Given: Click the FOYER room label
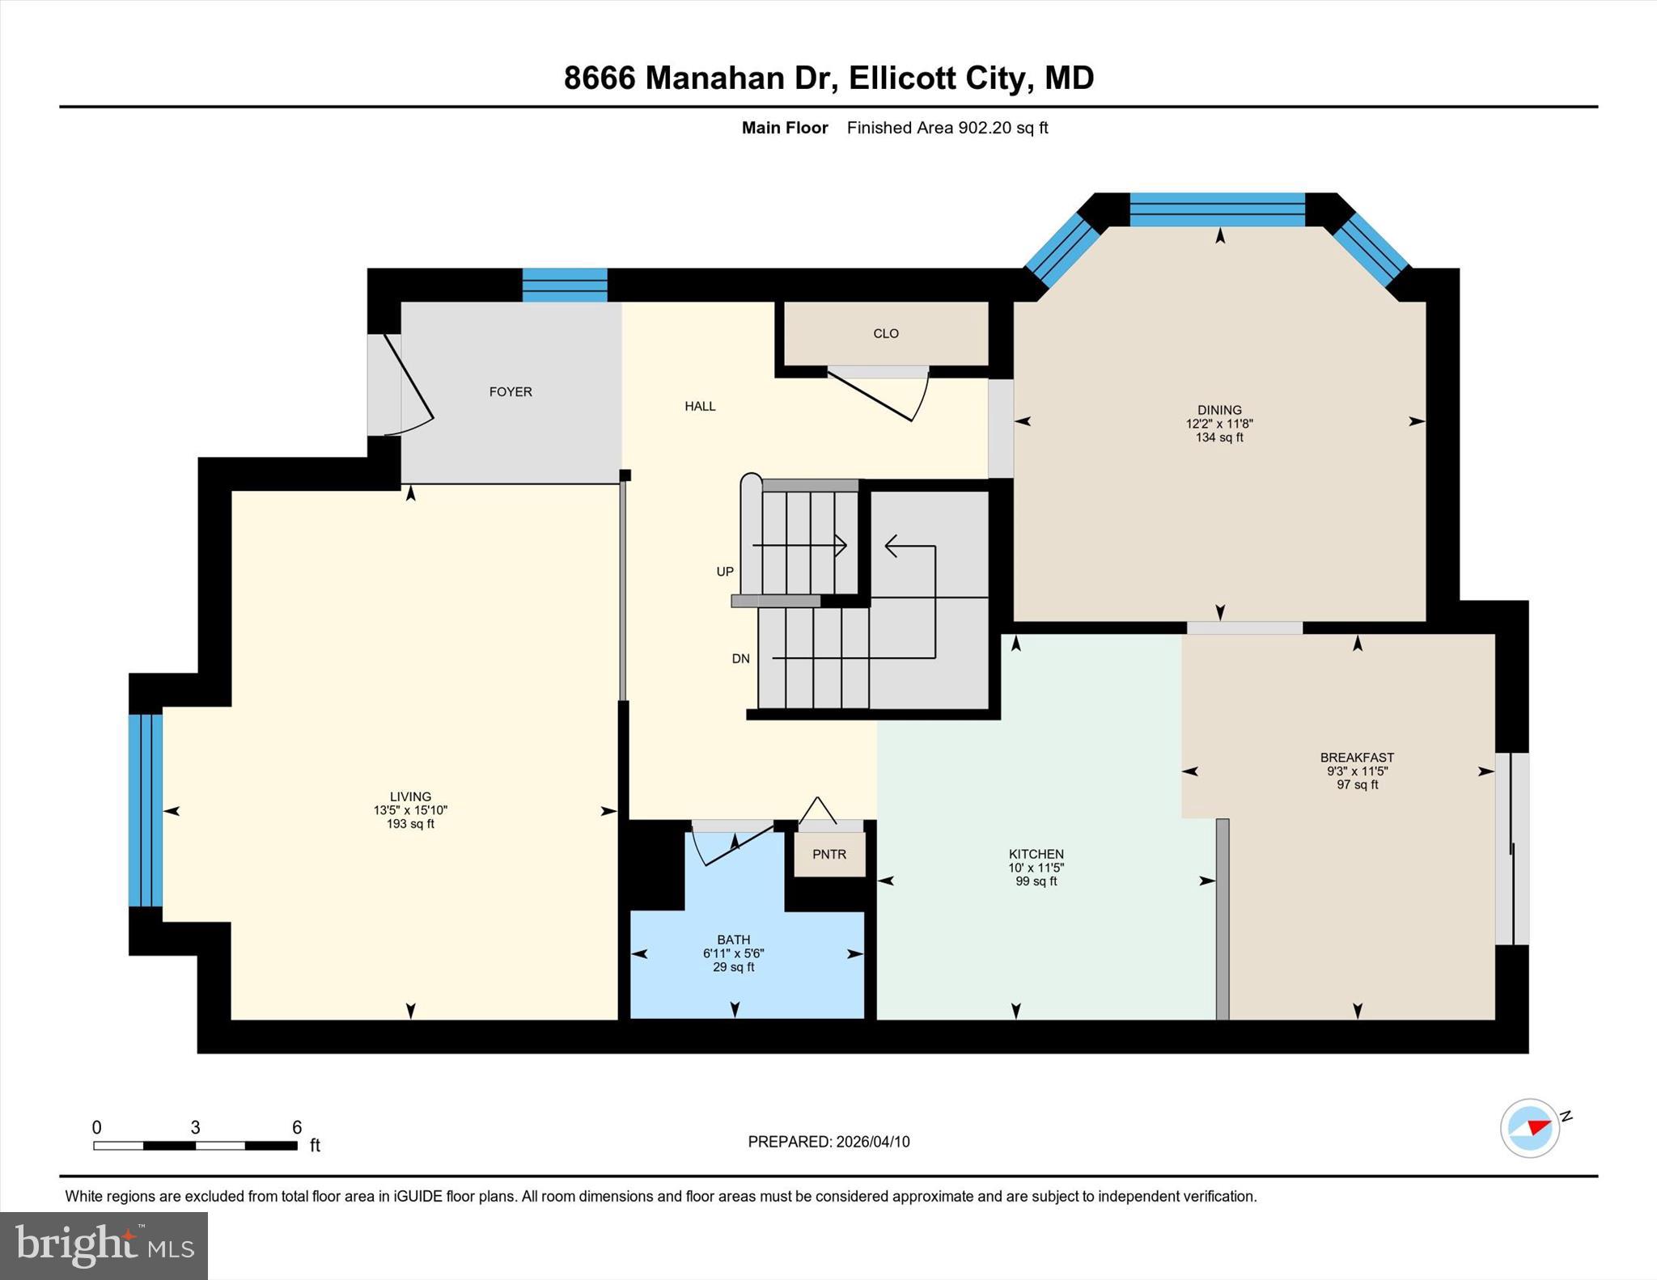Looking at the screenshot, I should [x=511, y=391].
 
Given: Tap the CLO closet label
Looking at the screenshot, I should [x=886, y=333].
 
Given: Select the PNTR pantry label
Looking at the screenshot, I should [x=829, y=854].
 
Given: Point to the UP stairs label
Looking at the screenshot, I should [x=725, y=572].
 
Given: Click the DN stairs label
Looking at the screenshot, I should [x=740, y=658].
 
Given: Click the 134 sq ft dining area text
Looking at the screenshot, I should [x=1219, y=437].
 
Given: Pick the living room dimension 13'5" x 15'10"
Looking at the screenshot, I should [x=410, y=810].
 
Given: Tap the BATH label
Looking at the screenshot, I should [x=733, y=940].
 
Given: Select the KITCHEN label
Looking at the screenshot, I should [x=1036, y=854].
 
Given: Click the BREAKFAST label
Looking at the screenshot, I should [x=1357, y=758].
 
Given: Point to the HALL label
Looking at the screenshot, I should [x=700, y=406].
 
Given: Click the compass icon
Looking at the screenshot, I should [x=1530, y=1128].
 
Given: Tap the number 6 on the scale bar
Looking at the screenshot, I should [x=297, y=1127].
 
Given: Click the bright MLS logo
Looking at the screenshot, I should [x=104, y=1245].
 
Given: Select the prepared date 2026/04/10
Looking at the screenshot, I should [x=872, y=1142].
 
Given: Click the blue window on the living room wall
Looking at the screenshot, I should [x=146, y=810].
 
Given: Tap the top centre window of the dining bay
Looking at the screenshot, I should [x=1217, y=209].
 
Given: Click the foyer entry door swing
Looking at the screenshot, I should [x=409, y=384].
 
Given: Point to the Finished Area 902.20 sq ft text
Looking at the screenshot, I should [x=947, y=128].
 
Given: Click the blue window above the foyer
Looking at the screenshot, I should [x=565, y=285].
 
